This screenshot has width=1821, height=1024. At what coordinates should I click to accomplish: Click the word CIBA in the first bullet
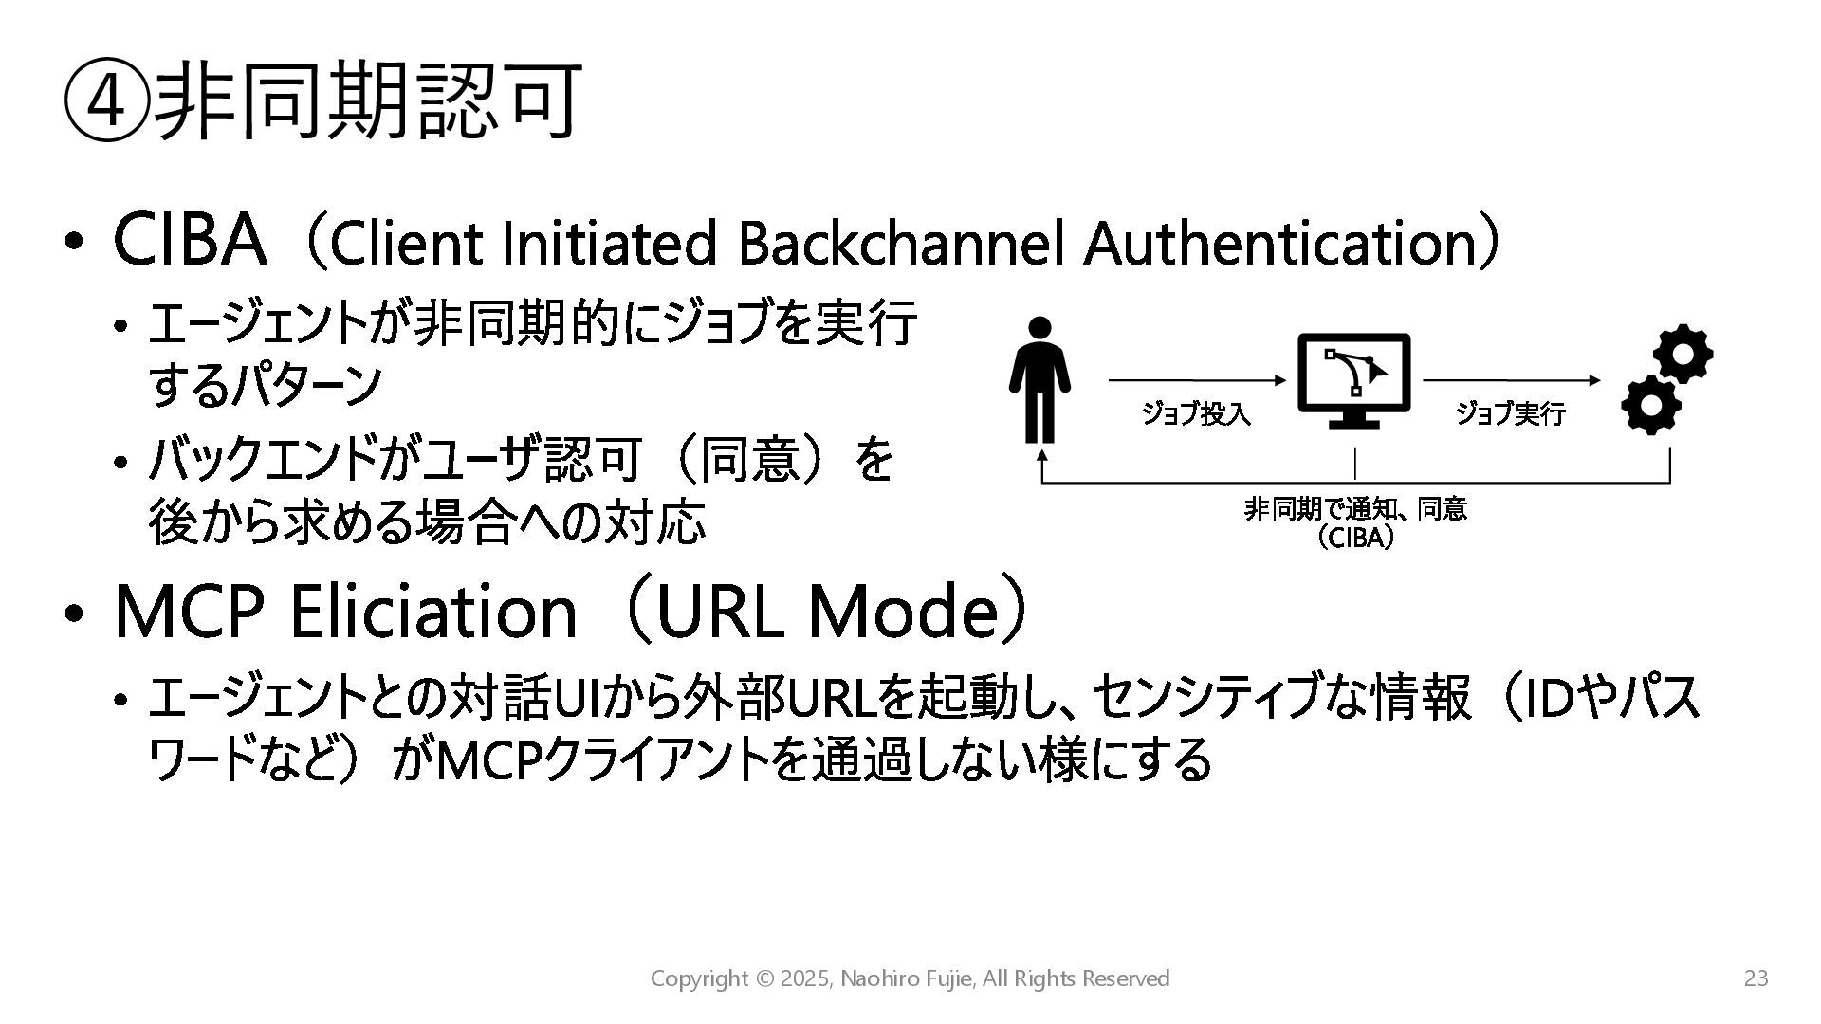click(189, 240)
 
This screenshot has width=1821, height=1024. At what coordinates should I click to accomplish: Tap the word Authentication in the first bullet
click(1278, 243)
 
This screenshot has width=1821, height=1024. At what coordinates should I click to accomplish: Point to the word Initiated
click(608, 243)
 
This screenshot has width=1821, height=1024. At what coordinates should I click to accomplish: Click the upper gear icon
click(1683, 354)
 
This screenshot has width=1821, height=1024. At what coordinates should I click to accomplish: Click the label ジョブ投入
click(1195, 414)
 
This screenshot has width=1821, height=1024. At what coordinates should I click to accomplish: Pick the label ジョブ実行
click(1510, 414)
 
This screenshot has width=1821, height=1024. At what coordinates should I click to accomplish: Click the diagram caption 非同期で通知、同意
click(1355, 510)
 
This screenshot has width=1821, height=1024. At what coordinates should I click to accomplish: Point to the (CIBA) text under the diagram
click(1355, 539)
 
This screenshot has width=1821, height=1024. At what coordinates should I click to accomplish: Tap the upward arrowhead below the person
click(1042, 455)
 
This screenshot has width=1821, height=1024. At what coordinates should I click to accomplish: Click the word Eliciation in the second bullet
click(432, 613)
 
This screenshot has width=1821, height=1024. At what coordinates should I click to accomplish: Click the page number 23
click(1757, 978)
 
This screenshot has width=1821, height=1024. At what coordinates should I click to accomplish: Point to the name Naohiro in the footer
click(881, 978)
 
